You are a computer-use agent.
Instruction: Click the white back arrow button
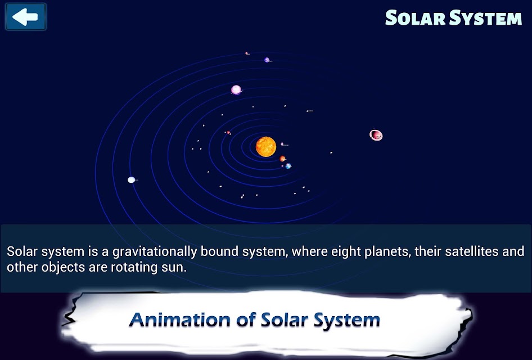coord(25,17)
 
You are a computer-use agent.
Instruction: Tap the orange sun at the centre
coord(266,147)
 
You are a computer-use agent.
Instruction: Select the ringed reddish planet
coord(376,135)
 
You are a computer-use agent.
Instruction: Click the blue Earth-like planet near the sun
coord(288,166)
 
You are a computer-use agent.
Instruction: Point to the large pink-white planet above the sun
coord(236,89)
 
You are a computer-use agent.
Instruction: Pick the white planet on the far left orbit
coord(131,180)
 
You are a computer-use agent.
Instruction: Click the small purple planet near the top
coord(267,60)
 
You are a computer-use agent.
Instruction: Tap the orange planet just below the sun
coord(282,159)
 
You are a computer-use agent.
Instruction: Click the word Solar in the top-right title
coord(415,17)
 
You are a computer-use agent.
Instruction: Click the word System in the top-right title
coord(486,19)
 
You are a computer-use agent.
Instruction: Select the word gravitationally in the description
coord(155,252)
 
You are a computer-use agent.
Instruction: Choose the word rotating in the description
coord(134,267)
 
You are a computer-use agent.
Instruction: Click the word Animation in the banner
coord(179,319)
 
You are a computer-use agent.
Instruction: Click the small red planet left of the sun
coord(228,133)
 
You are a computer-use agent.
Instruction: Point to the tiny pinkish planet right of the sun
coord(282,144)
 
